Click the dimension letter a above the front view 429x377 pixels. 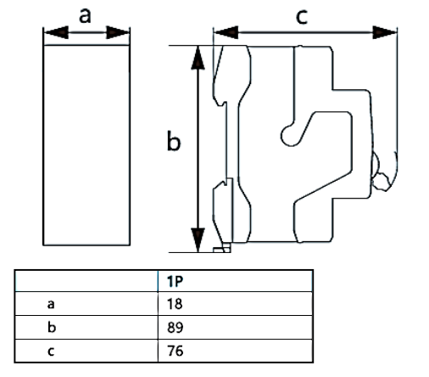tap(85, 14)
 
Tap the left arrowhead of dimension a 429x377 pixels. tap(50, 33)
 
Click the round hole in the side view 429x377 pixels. tap(288, 132)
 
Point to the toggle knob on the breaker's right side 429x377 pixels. tap(381, 170)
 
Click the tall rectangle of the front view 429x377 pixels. tap(86, 144)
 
